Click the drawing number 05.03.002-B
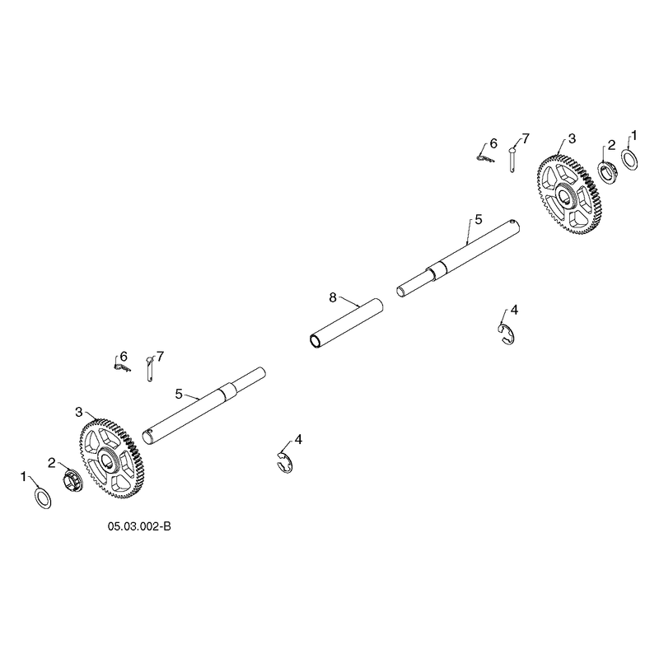coord(139,526)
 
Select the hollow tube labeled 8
coord(346,324)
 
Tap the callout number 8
coord(333,298)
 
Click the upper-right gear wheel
coord(569,195)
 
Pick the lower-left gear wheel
coord(111,458)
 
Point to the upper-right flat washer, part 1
coord(629,161)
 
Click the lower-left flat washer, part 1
coord(43,498)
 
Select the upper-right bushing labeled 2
coord(606,173)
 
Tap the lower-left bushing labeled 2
coord(73,480)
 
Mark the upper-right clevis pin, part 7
coord(512,159)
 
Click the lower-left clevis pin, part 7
coord(150,369)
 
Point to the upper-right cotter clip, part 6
coord(485,158)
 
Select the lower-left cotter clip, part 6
coord(122,367)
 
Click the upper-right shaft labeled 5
coord(459,259)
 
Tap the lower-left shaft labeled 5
coord(203,405)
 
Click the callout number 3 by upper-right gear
coord(572,138)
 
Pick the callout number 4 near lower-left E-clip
coord(298,440)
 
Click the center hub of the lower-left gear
coord(108,458)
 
